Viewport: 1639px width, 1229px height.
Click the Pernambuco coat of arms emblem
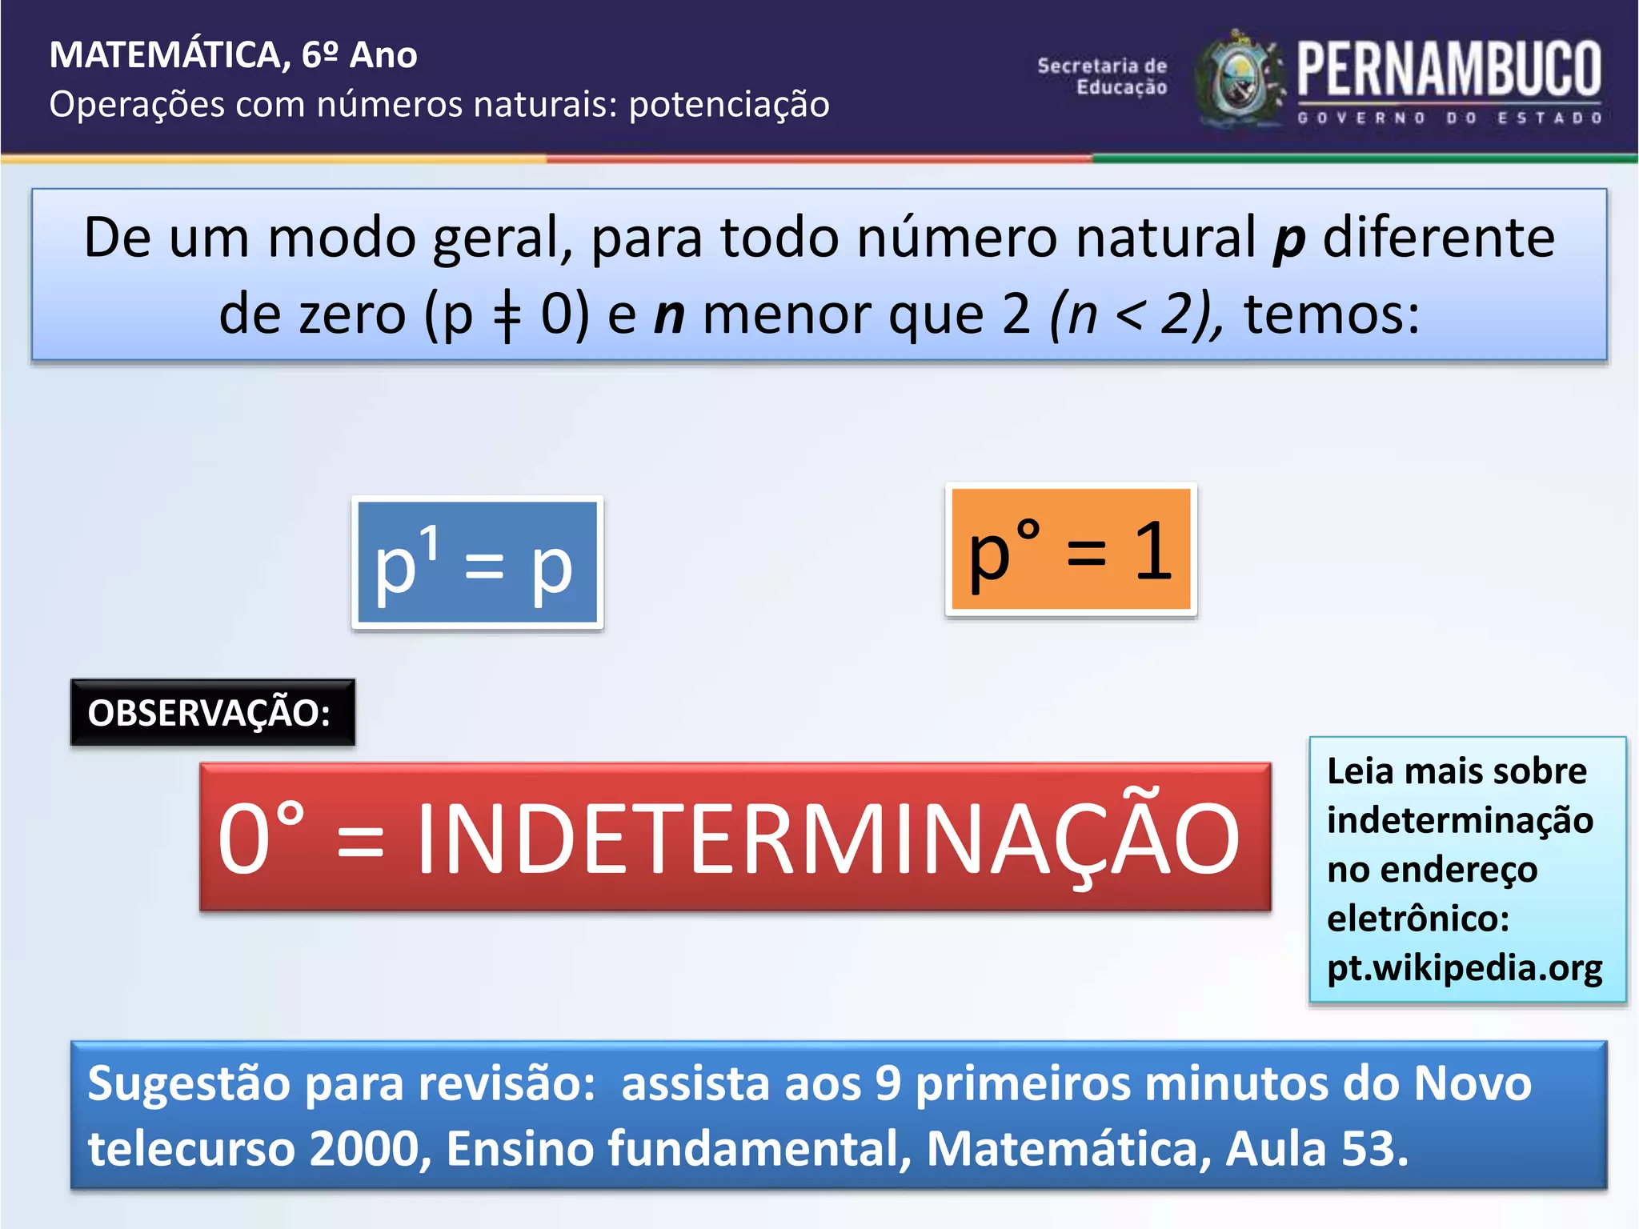1239,80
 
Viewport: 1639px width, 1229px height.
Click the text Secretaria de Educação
1103,77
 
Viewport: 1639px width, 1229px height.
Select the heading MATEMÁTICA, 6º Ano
233,55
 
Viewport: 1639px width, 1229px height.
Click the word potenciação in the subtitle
729,105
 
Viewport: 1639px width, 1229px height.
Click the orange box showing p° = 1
1071,550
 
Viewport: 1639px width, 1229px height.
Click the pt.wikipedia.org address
1464,967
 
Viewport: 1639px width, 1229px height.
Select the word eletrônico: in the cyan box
1417,918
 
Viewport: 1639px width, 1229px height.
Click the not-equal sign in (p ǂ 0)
507,316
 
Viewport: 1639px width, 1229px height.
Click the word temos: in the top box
1332,314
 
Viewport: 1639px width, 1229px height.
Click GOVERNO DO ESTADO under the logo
1449,118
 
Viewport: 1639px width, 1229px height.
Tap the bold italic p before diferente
1288,239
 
